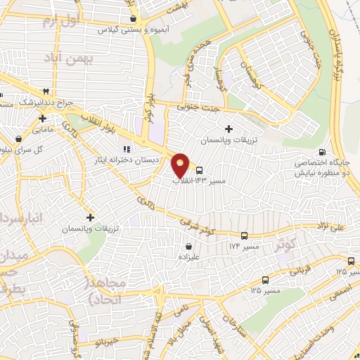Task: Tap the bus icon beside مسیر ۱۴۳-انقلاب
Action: [x=200, y=169]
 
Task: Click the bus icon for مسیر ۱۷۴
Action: [x=245, y=236]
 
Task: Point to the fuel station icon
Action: [x=322, y=153]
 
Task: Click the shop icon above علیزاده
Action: [x=190, y=247]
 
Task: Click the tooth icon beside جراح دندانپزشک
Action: [x=46, y=91]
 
